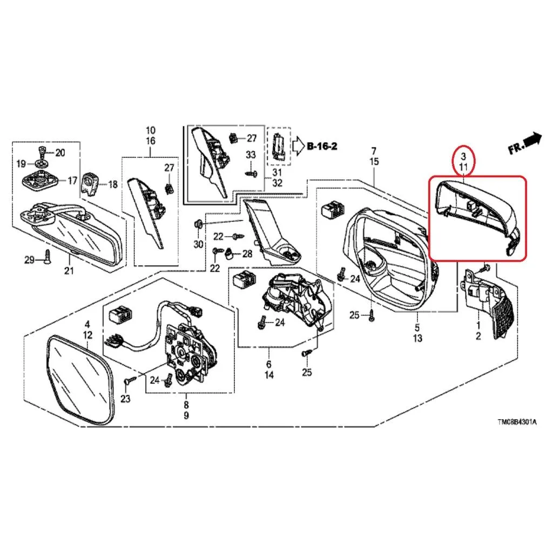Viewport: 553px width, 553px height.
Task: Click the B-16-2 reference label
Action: pos(322,146)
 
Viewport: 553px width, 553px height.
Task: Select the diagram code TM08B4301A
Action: pos(517,422)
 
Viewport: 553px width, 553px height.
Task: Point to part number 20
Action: pos(60,153)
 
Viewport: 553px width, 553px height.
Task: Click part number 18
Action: pos(112,184)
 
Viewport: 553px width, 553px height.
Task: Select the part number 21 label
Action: pos(69,271)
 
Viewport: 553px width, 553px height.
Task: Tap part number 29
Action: pos(29,260)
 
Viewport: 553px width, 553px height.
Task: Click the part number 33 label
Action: pos(251,154)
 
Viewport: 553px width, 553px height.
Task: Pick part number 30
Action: pos(199,244)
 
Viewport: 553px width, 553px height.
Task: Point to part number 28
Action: pos(247,253)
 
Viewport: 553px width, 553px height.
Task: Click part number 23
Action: pos(125,399)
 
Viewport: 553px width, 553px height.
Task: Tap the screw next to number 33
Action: pos(251,173)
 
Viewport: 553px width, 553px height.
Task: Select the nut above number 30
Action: pos(198,224)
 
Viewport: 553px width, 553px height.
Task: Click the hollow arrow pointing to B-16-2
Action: pos(298,146)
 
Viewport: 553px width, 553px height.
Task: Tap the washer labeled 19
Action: pos(41,164)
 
